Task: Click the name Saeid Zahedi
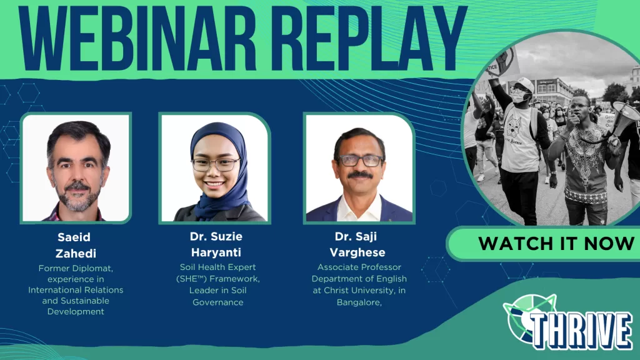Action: coord(76,245)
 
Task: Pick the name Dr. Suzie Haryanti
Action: coord(216,244)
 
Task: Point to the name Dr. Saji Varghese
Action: coord(357,244)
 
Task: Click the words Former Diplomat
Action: coord(76,269)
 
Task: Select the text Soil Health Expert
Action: coord(218,267)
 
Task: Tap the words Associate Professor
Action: coord(359,267)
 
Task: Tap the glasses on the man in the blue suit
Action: coord(359,161)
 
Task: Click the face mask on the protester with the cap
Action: coord(517,97)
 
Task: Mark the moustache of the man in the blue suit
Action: coord(359,175)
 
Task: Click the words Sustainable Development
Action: coord(76,306)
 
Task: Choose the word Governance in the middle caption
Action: coord(218,302)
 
